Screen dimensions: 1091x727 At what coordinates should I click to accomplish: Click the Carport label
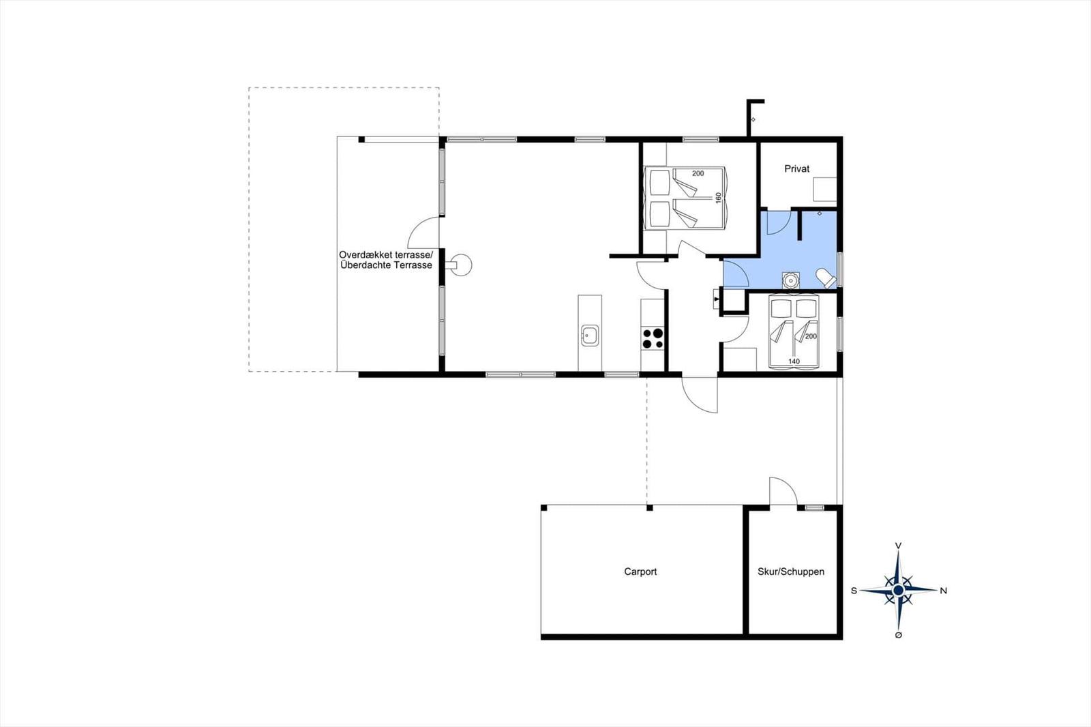coord(640,572)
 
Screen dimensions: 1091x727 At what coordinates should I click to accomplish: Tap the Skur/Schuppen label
coord(791,572)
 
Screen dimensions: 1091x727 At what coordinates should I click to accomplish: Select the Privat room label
coord(797,168)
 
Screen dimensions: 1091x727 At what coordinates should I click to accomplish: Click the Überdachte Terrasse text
coord(386,265)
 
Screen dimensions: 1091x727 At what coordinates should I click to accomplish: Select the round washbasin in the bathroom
coord(790,281)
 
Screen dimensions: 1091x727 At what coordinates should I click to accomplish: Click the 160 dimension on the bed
coord(718,198)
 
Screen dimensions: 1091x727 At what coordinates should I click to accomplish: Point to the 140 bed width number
coord(794,361)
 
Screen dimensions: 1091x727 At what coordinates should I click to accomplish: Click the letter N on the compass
coord(944,591)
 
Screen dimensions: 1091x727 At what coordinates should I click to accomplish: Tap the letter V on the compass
coord(899,546)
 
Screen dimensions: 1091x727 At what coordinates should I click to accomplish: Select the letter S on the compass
coord(854,591)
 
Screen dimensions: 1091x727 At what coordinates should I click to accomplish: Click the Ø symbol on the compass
coord(899,635)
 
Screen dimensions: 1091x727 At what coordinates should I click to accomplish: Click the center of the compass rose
coord(899,591)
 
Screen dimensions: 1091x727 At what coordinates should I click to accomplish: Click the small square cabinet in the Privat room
coord(825,190)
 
